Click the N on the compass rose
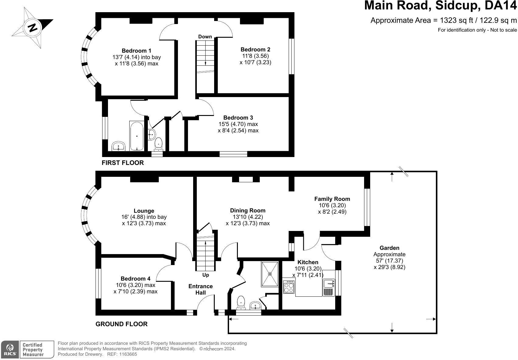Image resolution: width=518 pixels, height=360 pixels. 33,28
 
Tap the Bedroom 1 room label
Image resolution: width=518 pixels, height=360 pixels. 137,51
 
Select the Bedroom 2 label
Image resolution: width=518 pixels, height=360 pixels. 255,50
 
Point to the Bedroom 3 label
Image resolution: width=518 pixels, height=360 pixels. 238,118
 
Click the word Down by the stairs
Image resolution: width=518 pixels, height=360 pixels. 205,37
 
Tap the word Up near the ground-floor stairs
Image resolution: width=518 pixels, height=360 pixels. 206,275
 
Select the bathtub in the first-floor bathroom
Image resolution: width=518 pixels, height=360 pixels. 137,136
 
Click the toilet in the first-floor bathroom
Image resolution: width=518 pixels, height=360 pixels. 158,144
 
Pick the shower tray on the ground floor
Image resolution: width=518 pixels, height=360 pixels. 269,274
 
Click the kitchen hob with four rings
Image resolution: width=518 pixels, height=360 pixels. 289,287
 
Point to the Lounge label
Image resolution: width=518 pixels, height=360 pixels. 144,211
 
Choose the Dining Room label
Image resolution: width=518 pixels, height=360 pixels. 248,211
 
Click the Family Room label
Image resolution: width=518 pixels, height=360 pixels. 332,199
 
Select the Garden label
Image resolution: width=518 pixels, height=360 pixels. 389,248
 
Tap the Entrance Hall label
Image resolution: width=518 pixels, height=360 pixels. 200,289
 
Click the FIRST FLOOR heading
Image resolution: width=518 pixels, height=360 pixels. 123,163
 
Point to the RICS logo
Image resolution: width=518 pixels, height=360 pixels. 10,350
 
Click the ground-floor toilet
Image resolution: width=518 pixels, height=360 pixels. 241,302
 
